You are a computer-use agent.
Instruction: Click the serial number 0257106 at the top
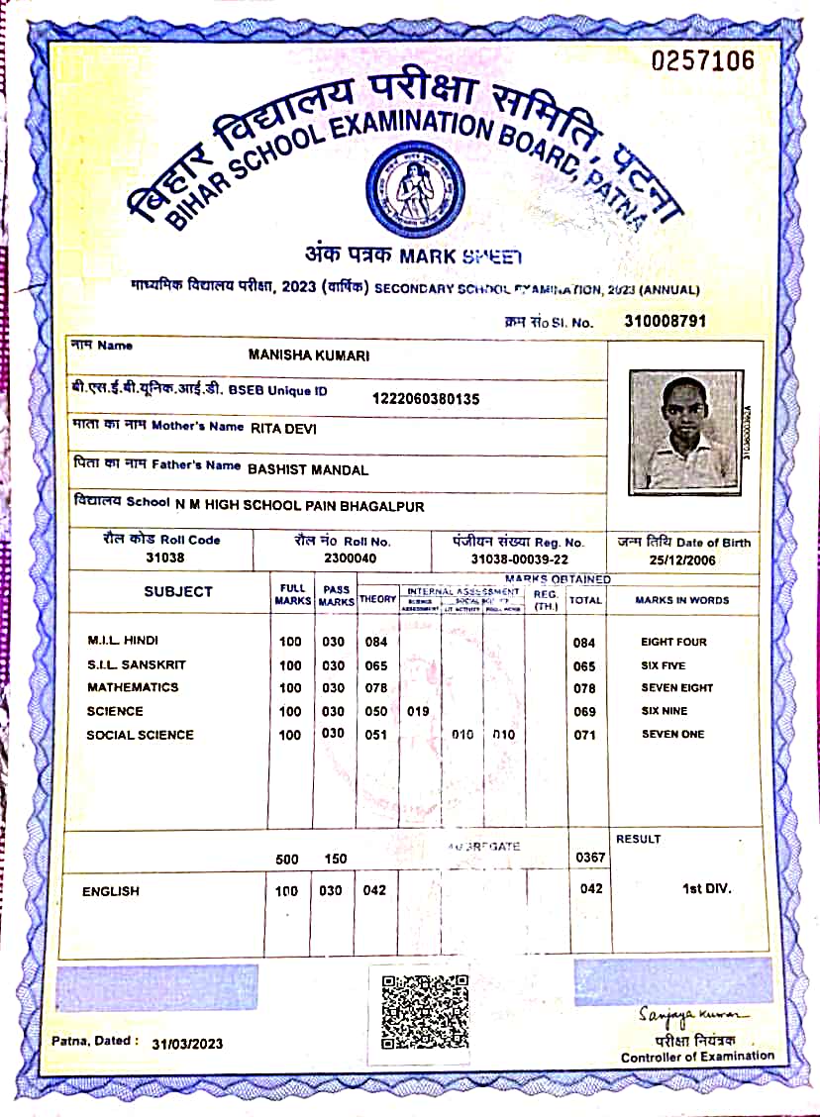[703, 61]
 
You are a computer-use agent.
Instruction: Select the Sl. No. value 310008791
[665, 321]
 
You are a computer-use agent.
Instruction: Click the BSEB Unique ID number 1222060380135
[426, 399]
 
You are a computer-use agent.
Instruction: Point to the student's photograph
[685, 431]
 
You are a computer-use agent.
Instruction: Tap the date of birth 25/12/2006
[683, 559]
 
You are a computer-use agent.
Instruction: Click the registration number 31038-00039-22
[519, 558]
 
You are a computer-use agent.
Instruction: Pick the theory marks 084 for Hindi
[376, 642]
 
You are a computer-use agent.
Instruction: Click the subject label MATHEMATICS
[133, 687]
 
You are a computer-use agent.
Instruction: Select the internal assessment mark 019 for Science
[419, 711]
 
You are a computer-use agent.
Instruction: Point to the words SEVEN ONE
[672, 734]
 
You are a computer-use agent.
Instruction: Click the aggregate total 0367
[590, 858]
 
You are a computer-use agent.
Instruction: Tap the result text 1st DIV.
[707, 888]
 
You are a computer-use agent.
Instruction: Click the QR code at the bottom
[425, 1011]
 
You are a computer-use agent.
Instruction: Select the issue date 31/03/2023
[187, 1044]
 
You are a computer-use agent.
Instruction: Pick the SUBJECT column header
[178, 591]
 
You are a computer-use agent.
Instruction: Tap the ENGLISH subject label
[111, 891]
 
